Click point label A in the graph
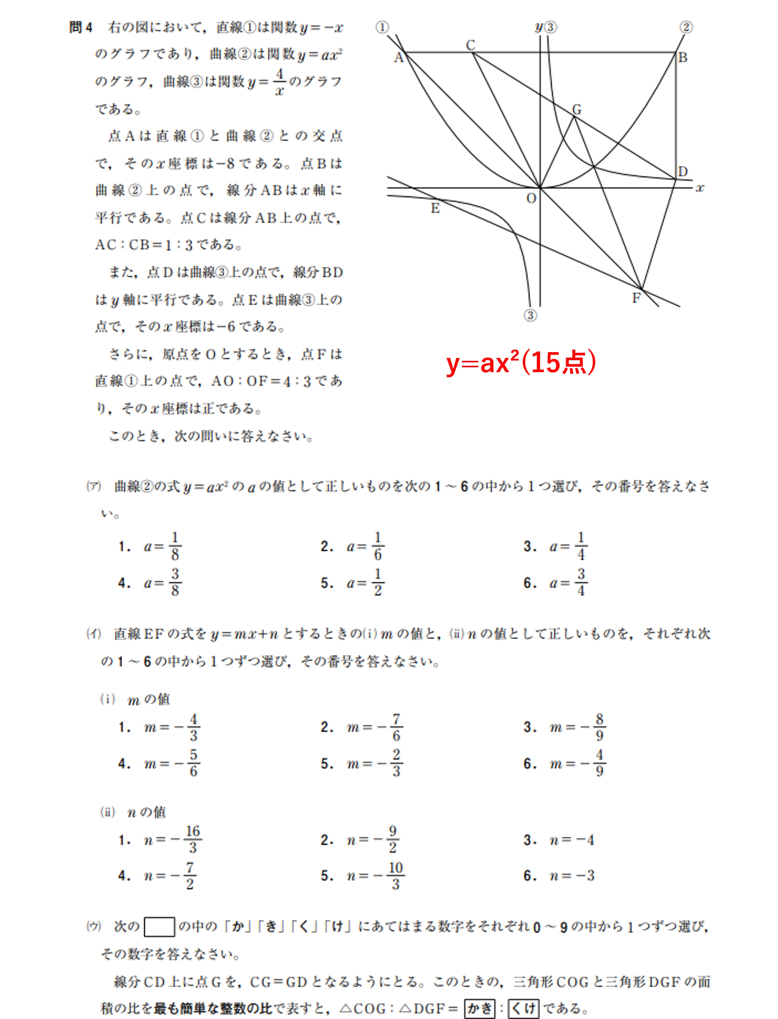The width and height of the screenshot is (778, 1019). (398, 58)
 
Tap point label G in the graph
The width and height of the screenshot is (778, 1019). (576, 109)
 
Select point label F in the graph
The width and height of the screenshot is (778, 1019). (636, 298)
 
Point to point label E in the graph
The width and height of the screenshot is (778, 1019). (435, 208)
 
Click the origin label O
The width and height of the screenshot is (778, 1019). (531, 198)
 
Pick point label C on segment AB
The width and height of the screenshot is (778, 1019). (470, 45)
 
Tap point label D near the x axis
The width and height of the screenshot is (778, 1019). (683, 172)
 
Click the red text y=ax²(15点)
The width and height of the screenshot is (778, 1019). (521, 363)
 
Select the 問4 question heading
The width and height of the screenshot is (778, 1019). (81, 27)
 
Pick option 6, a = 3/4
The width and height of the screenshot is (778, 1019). (556, 583)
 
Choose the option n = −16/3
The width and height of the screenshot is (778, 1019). (160, 839)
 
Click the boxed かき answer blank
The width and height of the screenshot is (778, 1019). (479, 1008)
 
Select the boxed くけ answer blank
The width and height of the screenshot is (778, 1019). (523, 1008)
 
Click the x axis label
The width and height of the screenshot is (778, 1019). (700, 188)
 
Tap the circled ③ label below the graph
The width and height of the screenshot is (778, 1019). (530, 315)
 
